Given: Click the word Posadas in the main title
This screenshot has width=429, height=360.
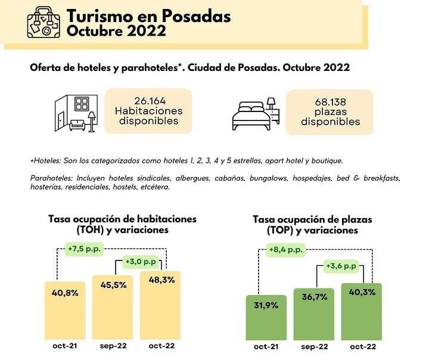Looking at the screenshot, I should pyautogui.click(x=199, y=17).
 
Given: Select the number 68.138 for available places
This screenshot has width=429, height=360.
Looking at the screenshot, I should pyautogui.click(x=330, y=101).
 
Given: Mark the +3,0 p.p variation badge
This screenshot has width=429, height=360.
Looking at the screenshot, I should pyautogui.click(x=141, y=262).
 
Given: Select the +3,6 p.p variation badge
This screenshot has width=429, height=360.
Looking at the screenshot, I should pyautogui.click(x=341, y=266).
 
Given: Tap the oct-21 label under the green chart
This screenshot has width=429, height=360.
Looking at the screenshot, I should pyautogui.click(x=266, y=346).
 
